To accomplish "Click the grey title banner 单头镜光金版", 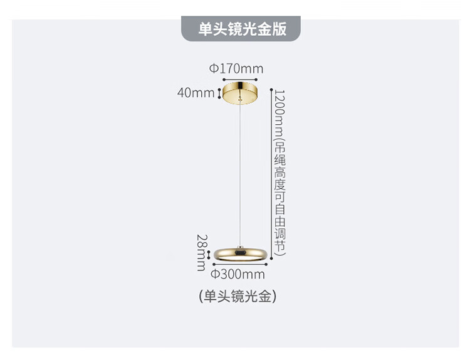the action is point(241,29).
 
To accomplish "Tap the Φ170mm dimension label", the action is point(236,69).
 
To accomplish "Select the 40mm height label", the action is point(196,93).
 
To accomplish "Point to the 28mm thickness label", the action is point(202,253).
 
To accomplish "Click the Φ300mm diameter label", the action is point(238,274).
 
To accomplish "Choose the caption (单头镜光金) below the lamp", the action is point(238,297).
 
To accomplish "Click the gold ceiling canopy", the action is point(240,92).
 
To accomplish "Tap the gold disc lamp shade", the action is point(240,255).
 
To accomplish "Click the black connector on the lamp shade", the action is point(240,253).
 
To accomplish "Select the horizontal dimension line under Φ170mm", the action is point(240,80).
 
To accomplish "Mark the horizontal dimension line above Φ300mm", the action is point(240,264).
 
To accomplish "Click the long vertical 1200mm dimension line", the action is point(271,174).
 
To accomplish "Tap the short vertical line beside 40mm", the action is point(219,93).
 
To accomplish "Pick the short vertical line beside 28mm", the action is point(209,255).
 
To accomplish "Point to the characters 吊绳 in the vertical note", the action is point(280,154).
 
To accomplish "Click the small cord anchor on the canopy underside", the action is point(239,97).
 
